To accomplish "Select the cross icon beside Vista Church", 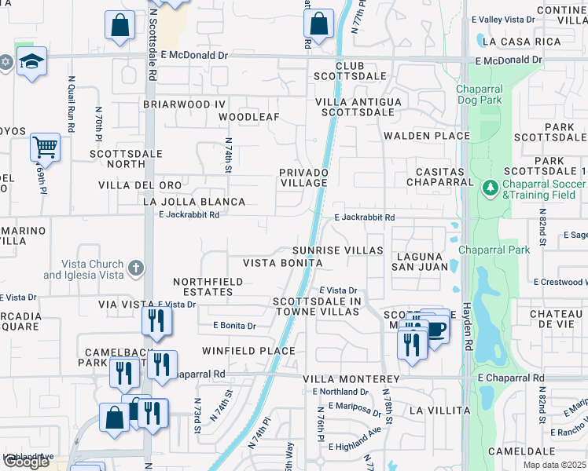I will tap(136, 268).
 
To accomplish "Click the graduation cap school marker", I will tap(31, 62).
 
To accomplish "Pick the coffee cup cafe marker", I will tap(435, 328).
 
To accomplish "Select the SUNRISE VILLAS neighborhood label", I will tap(337, 250).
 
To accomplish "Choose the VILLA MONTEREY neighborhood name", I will tap(347, 378).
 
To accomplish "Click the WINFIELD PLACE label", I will tap(248, 351).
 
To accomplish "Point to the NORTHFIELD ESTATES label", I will tap(203, 287).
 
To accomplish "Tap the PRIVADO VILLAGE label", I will tap(303, 177).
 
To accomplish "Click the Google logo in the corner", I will tap(27, 462).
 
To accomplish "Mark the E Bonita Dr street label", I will tap(234, 326).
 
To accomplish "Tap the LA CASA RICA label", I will tap(520, 41).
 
